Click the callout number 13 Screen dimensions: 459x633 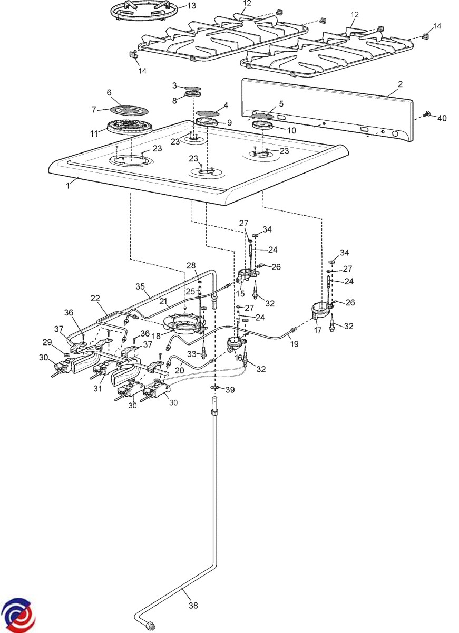[191, 6]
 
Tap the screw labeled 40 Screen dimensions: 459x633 [426, 114]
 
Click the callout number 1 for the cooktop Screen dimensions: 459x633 [68, 186]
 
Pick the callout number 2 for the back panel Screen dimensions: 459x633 [400, 84]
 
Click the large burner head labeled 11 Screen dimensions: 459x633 [129, 128]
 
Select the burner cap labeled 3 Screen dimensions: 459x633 [193, 88]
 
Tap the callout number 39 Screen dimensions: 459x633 [230, 390]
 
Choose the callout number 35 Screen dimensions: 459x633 [140, 286]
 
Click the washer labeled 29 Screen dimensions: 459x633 [66, 355]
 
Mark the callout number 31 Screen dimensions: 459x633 [97, 389]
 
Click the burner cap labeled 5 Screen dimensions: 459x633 [263, 116]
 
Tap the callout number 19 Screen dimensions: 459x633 [294, 344]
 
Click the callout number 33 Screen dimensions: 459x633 [191, 353]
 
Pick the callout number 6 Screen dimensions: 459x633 [109, 93]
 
